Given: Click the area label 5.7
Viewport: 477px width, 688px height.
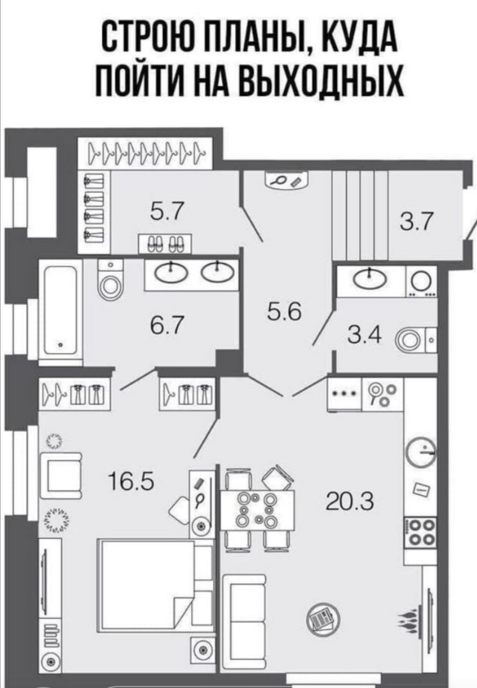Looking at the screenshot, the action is [x=167, y=212].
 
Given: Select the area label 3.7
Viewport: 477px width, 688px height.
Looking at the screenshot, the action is [x=416, y=221].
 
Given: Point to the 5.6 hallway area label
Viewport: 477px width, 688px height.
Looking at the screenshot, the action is [x=284, y=311].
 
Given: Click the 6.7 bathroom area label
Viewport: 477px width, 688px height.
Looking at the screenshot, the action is [x=167, y=325].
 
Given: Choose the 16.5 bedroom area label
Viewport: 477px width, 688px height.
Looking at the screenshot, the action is [x=131, y=481].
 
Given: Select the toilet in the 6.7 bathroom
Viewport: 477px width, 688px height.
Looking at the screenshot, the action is [x=111, y=279].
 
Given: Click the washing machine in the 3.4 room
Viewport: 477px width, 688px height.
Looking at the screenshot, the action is [x=422, y=282].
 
